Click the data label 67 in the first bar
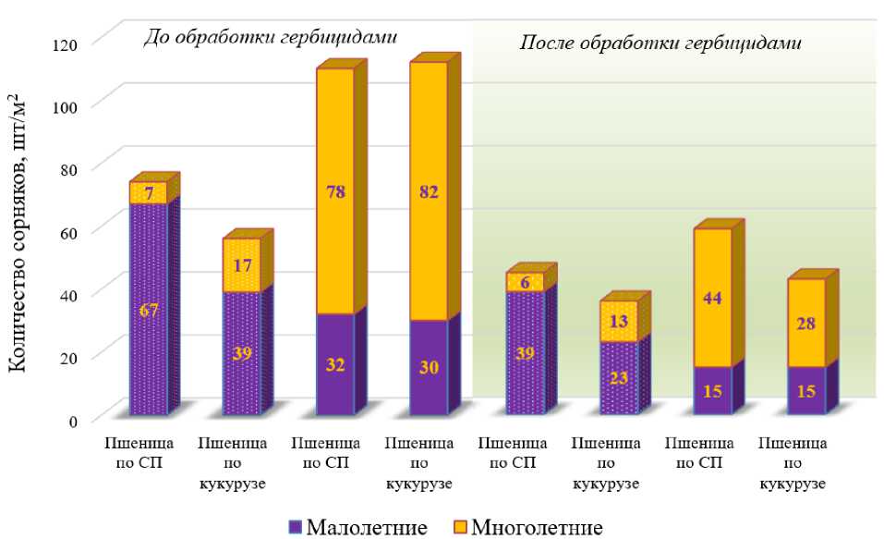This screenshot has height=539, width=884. [x=150, y=310]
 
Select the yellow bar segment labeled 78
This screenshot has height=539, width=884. [x=334, y=192]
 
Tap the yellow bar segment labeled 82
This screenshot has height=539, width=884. [x=428, y=192]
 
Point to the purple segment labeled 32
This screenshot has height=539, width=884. [x=334, y=364]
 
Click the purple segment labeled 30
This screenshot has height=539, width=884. [x=428, y=367]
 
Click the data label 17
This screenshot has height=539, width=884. [x=242, y=265]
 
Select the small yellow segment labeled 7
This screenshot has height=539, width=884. [x=149, y=192]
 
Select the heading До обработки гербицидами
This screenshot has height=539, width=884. [x=270, y=38]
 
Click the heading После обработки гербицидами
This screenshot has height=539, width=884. [x=659, y=43]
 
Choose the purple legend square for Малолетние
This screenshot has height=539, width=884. [x=296, y=528]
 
